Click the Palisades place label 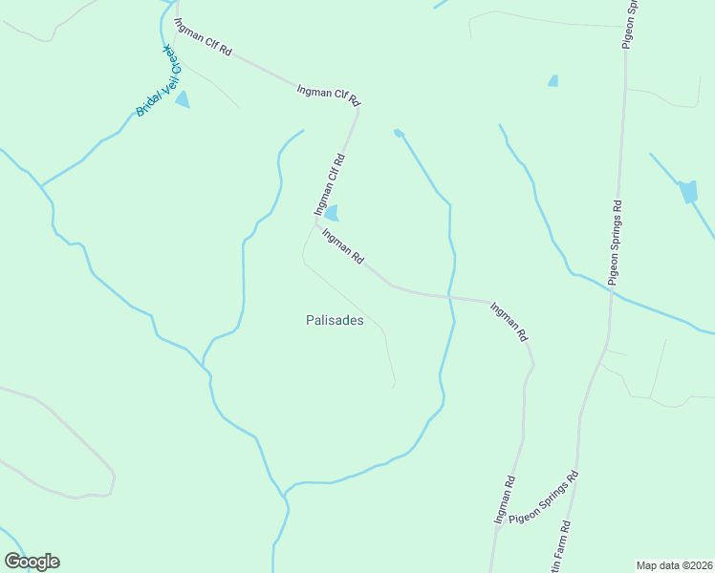click(335, 321)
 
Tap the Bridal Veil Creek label click(159, 80)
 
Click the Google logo click(32, 562)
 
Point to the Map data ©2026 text click(674, 564)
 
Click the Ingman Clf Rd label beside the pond click(329, 182)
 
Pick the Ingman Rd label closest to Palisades click(343, 246)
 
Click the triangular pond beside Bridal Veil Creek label click(182, 99)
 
